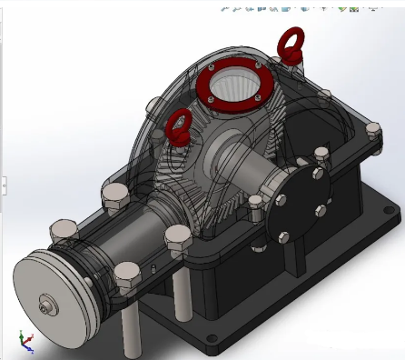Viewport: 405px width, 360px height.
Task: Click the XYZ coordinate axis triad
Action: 25,342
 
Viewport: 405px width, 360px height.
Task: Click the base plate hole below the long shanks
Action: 212,338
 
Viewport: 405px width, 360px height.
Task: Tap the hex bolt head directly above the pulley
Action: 64,229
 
